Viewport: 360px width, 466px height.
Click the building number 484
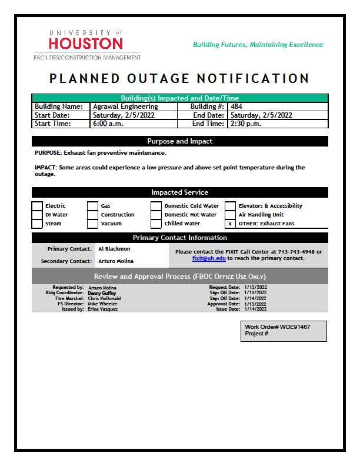236,107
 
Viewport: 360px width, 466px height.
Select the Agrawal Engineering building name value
125,107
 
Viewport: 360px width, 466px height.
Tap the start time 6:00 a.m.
108,124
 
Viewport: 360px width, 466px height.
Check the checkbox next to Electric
37,206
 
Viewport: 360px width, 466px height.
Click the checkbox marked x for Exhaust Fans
230,224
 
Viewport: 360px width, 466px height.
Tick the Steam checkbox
37,224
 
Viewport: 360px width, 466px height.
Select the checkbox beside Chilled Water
156,224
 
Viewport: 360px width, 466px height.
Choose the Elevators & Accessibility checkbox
230,206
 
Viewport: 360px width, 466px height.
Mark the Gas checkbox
93,206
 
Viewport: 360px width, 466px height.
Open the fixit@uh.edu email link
209,258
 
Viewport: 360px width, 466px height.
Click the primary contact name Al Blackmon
114,249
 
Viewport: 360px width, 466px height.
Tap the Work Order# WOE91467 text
278,327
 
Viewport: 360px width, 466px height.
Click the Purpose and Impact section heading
180,141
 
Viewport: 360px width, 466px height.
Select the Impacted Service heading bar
180,192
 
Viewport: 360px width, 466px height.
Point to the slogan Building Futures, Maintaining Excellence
258,45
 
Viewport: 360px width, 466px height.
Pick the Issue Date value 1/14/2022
256,309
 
